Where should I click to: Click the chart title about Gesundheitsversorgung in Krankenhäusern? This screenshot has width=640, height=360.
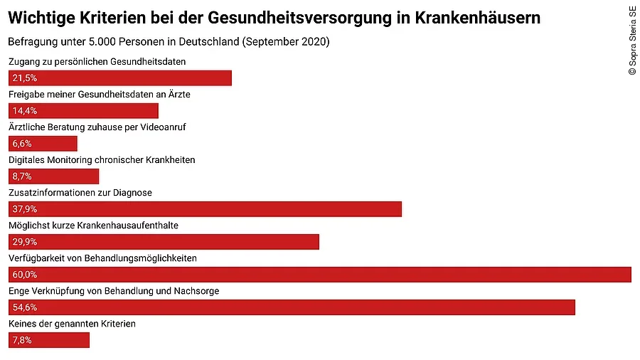click(x=274, y=18)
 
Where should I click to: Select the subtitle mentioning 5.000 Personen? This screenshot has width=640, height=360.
click(x=169, y=42)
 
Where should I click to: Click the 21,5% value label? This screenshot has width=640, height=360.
click(x=24, y=78)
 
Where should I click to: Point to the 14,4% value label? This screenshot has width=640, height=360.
click(x=24, y=111)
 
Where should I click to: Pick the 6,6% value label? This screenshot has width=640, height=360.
click(x=22, y=144)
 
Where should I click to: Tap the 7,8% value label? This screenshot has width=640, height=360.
click(x=22, y=340)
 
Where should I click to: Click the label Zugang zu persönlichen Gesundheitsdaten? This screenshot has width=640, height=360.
click(x=97, y=62)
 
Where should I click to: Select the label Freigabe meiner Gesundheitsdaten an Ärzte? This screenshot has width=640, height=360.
click(x=99, y=95)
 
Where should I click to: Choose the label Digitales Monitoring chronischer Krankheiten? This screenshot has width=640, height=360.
click(x=102, y=160)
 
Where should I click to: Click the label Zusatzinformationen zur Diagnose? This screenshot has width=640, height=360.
click(x=80, y=193)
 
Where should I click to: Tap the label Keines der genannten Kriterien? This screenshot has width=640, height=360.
click(x=72, y=324)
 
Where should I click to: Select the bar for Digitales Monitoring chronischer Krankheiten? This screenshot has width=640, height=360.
click(x=54, y=176)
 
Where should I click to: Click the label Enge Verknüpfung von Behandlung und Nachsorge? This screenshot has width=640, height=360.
click(x=114, y=291)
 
